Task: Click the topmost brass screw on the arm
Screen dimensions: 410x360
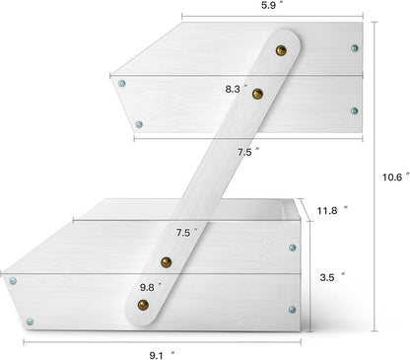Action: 281,50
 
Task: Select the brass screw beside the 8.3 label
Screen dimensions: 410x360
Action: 257,94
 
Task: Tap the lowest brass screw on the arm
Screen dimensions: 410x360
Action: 143,305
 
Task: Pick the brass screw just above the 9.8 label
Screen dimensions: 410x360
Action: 167,262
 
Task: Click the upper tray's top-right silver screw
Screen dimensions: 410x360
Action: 354,48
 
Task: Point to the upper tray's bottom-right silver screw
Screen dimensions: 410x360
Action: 354,110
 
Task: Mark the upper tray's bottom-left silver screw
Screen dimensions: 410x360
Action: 139,124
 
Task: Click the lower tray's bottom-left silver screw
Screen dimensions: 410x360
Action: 30,322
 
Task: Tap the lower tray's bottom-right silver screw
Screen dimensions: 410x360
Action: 292,310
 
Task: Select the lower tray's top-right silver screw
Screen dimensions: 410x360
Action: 293,248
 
